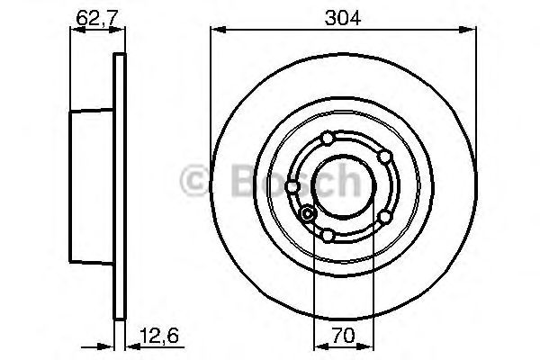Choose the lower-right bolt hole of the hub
[x=384, y=217]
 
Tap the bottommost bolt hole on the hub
[x=328, y=236]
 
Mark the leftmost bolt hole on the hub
[x=293, y=187]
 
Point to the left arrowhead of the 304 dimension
[x=215, y=31]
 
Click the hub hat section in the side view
[x=94, y=186]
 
